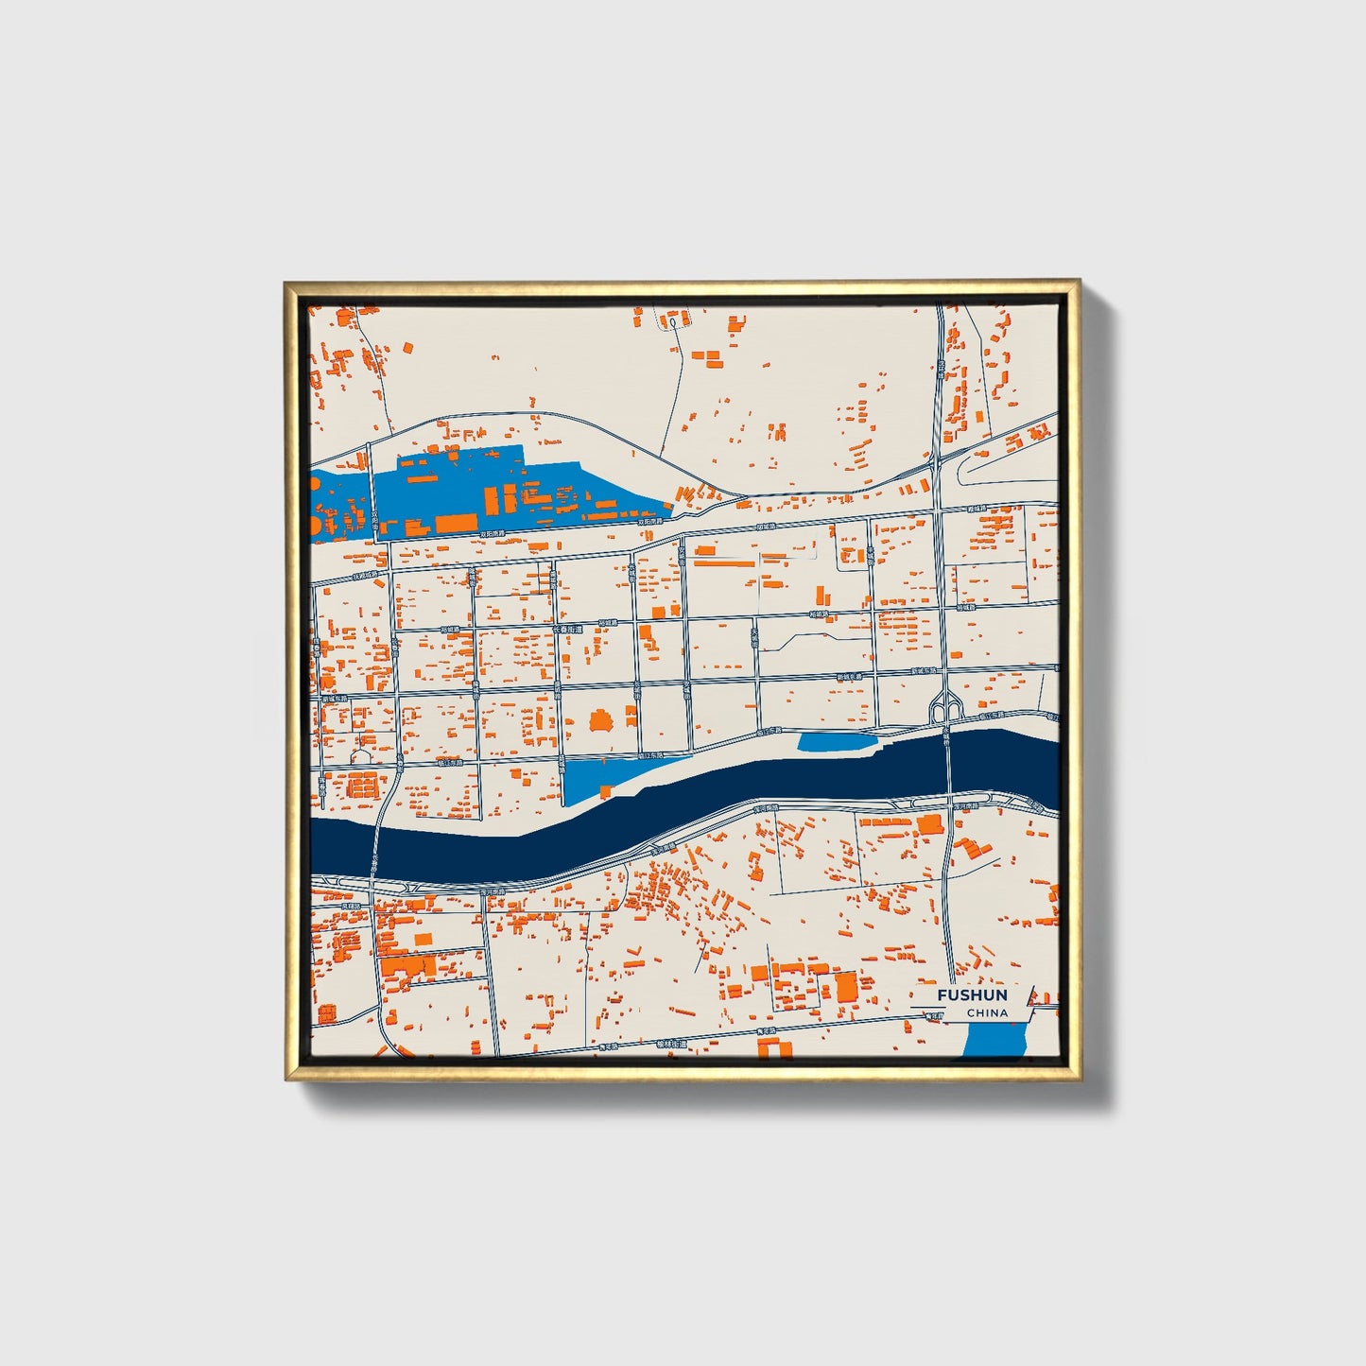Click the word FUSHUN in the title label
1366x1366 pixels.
(972, 995)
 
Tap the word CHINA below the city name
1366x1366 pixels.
(987, 1013)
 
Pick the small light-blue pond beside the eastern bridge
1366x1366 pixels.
(837, 742)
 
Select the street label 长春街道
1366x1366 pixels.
(568, 629)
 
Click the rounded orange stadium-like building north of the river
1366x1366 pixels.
(600, 722)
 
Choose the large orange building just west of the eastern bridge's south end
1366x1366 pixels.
(930, 823)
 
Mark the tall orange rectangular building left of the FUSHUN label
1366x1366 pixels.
(844, 986)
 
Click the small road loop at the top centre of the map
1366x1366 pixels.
(672, 322)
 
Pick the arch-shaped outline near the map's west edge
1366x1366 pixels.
(361, 756)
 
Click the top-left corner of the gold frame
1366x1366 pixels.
(286, 282)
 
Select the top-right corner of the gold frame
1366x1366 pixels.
(1079, 282)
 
